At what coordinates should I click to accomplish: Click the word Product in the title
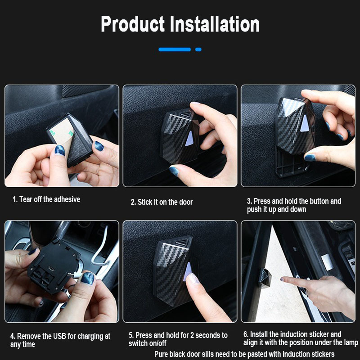pyautogui.click(x=133, y=24)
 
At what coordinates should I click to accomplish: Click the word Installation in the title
pyautogui.click(x=215, y=24)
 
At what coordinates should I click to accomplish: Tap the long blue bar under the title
pyautogui.click(x=175, y=49)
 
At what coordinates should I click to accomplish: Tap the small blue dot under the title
pyautogui.click(x=198, y=49)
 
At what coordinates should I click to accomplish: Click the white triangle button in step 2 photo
pyautogui.click(x=189, y=139)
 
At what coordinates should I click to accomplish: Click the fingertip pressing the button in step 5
pyautogui.click(x=193, y=279)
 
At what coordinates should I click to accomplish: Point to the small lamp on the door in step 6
pyautogui.click(x=265, y=278)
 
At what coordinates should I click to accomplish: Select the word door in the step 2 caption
pyautogui.click(x=186, y=202)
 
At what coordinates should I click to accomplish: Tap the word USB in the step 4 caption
pyautogui.click(x=60, y=336)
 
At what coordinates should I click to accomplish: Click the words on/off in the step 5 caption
pyautogui.click(x=157, y=343)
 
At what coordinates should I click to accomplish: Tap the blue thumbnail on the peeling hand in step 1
pyautogui.click(x=59, y=150)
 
